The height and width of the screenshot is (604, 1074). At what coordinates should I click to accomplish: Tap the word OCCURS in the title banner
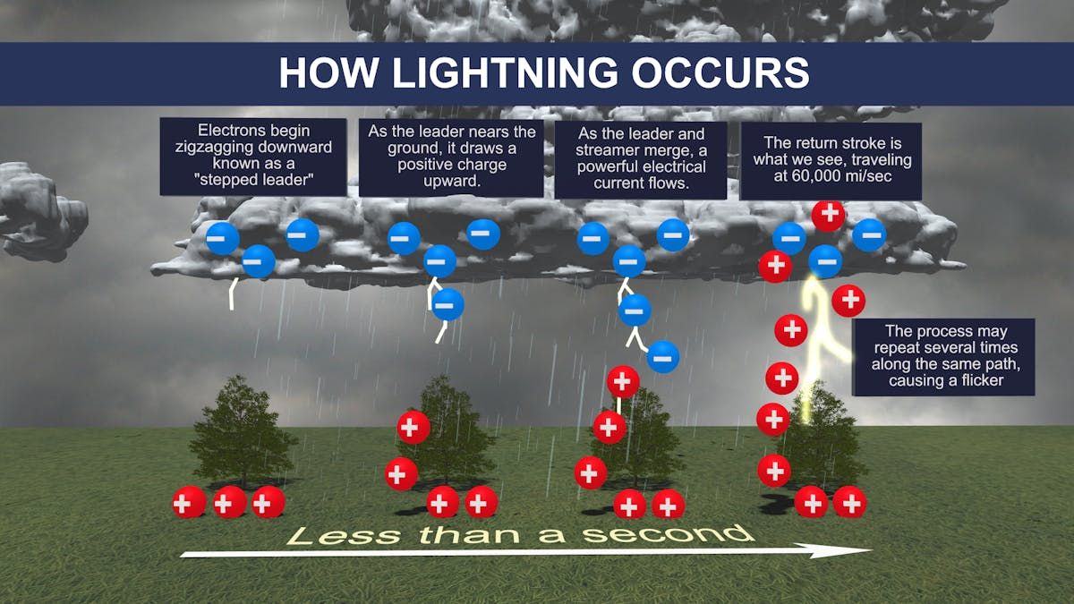pyautogui.click(x=720, y=72)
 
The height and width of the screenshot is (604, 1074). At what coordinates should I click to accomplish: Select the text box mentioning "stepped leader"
pyautogui.click(x=253, y=157)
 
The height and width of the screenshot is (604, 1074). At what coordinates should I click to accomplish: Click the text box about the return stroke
pyautogui.click(x=831, y=160)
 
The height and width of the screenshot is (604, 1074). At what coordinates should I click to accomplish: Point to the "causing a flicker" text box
pyautogui.click(x=944, y=357)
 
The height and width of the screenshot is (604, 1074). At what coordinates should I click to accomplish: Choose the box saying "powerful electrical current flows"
pyautogui.click(x=641, y=159)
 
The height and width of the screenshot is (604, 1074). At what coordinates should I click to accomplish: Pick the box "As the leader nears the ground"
pyautogui.click(x=451, y=157)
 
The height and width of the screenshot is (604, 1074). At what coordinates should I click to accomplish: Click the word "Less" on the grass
pyautogui.click(x=345, y=535)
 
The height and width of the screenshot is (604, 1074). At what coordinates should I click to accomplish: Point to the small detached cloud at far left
pyautogui.click(x=41, y=211)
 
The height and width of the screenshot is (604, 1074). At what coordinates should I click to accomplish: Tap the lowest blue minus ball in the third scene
pyautogui.click(x=663, y=357)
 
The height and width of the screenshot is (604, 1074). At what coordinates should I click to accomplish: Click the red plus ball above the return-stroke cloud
pyautogui.click(x=828, y=215)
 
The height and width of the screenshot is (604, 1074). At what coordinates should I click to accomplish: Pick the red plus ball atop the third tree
pyautogui.click(x=623, y=382)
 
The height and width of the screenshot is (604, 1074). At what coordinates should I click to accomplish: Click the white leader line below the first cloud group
pyautogui.click(x=233, y=293)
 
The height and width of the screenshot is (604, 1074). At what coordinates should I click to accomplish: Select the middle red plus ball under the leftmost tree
pyautogui.click(x=230, y=502)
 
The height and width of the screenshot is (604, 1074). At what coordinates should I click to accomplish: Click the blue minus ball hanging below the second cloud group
pyautogui.click(x=447, y=304)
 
